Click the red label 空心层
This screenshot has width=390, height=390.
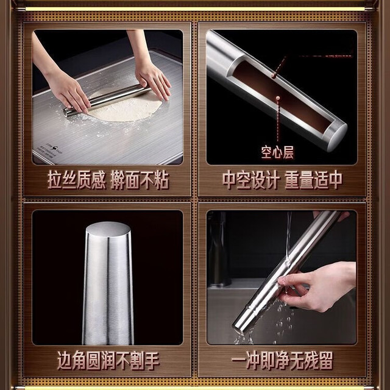277,152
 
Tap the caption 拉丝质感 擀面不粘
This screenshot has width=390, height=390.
108,180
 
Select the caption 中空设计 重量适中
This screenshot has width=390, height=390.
282,180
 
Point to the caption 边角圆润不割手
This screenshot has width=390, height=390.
108,361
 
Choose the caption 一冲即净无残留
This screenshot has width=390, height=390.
282,361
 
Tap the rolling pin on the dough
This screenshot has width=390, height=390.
107,100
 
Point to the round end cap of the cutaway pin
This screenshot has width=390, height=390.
337,136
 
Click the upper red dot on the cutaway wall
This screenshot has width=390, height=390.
274,74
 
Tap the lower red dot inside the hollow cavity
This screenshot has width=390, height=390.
278,98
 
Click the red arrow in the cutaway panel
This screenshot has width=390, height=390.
327,56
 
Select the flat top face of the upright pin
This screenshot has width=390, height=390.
108,229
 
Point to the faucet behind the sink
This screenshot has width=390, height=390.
219,249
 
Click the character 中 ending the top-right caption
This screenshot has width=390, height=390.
335,180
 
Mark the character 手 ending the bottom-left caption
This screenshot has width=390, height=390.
152,361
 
